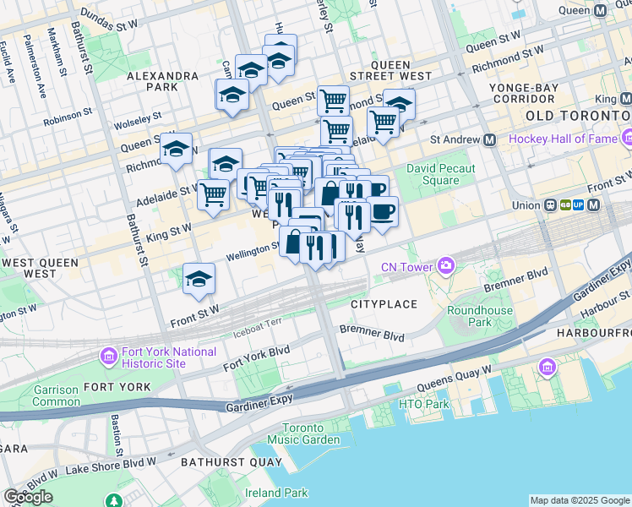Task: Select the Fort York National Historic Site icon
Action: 108,357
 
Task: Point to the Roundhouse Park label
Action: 480,316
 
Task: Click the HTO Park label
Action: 423,404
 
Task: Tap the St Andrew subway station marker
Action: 488,139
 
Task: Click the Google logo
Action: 28,497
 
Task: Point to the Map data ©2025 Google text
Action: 580,500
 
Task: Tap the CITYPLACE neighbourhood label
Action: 384,303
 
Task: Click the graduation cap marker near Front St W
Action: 199,279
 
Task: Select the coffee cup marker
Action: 382,211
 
